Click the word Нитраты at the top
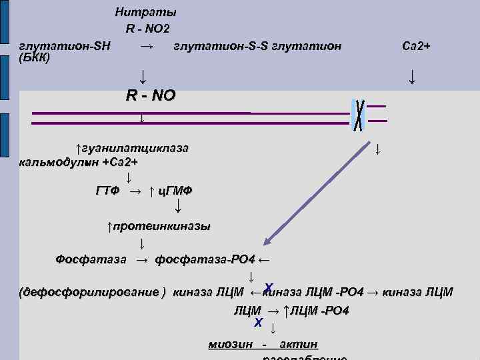coord(145,12)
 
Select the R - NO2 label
coord(148,29)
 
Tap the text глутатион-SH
coord(65,46)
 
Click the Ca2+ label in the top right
coord(417,46)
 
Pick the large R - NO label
coord(151,95)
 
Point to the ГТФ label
coord(107,191)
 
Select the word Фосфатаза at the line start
coord(91,259)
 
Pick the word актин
coord(299,344)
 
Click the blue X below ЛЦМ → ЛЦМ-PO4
coord(258,323)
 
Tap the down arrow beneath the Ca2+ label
coord(413,77)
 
